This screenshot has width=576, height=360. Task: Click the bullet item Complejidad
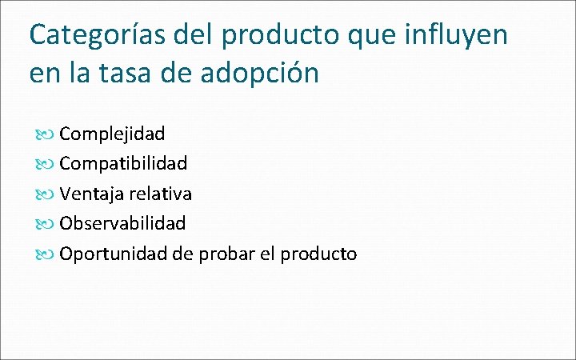point(112,134)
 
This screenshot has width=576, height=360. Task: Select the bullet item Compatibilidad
point(123,163)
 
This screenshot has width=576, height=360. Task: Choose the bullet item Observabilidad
point(122,223)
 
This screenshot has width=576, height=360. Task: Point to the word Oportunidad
point(112,254)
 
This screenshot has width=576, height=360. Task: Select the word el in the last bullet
point(269,254)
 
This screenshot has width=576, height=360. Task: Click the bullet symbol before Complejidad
point(46,134)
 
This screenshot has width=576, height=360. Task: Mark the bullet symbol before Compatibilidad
point(46,164)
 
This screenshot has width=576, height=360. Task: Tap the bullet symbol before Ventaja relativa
point(46,194)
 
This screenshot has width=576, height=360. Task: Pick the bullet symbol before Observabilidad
point(46,224)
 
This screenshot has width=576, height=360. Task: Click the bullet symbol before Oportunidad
point(46,254)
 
